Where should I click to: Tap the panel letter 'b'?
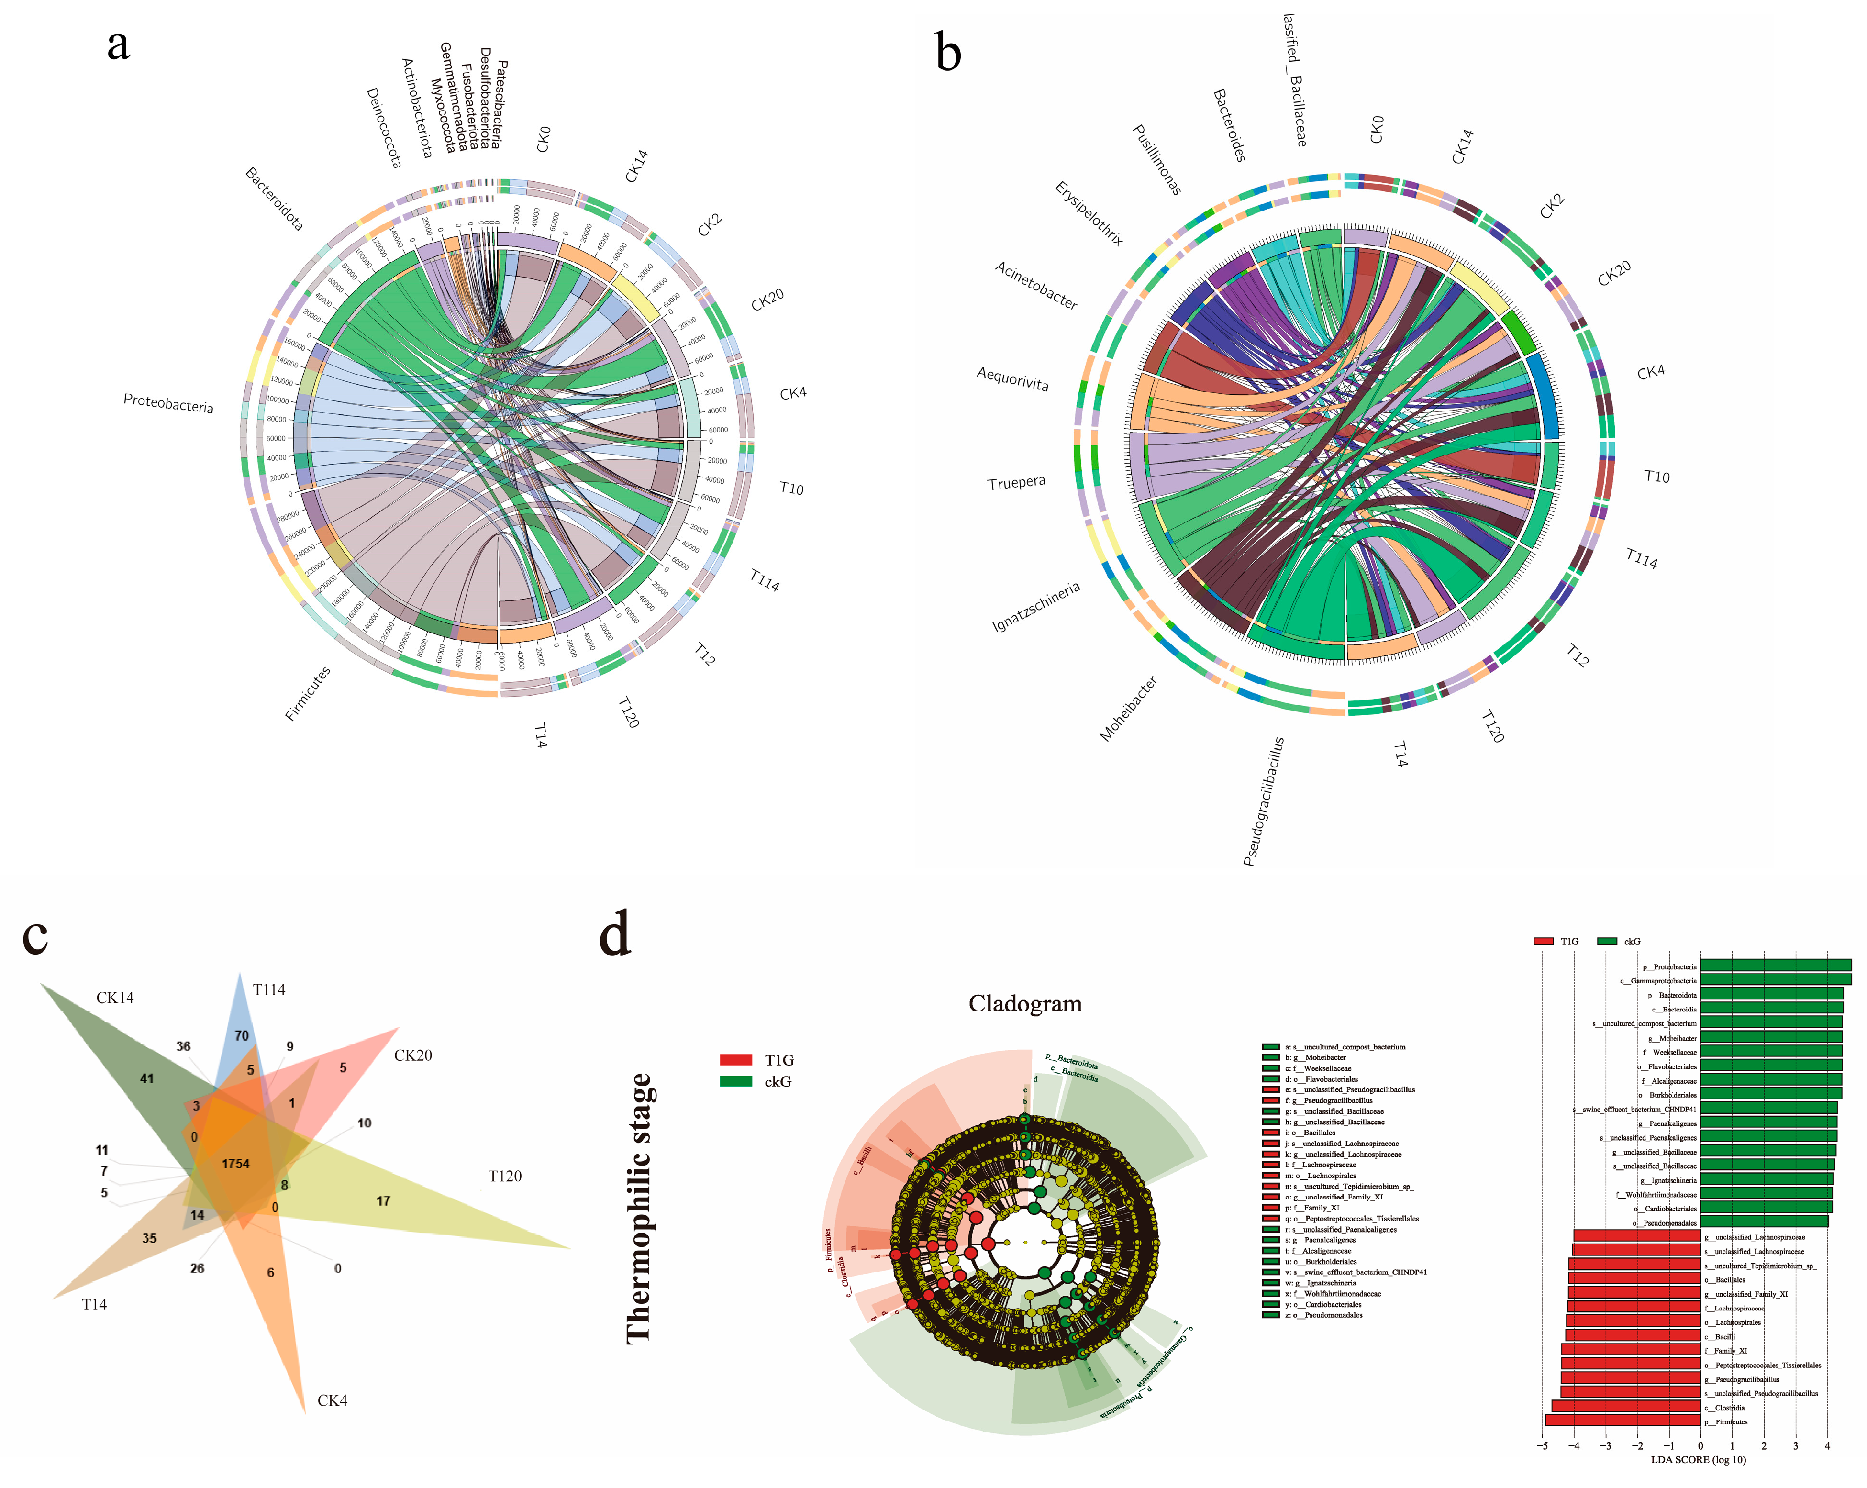(948, 54)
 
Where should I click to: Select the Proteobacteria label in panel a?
(168, 403)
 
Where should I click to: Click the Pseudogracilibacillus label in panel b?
(1264, 801)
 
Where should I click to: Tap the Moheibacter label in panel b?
(1128, 709)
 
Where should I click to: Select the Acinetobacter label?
(1036, 285)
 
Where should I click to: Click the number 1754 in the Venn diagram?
(235, 1163)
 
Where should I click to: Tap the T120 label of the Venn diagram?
(505, 1176)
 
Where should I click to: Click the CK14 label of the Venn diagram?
(115, 998)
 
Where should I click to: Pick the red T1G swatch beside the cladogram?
(736, 1059)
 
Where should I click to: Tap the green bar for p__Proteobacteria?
(1775, 966)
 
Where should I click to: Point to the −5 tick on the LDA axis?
(1542, 1445)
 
